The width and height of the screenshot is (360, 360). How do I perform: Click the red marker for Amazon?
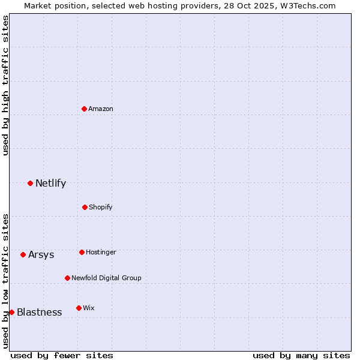point(85,109)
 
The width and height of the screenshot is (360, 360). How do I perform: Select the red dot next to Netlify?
point(30,183)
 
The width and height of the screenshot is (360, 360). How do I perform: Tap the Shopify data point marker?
point(85,207)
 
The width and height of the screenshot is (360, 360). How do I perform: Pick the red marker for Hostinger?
point(82,252)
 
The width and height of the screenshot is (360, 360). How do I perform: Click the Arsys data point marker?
point(23,254)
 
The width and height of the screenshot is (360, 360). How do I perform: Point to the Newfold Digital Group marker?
point(67,278)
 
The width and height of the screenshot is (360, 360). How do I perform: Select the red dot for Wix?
point(79,308)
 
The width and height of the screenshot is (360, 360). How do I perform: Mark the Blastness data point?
point(11,312)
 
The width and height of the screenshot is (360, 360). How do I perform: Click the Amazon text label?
point(101,109)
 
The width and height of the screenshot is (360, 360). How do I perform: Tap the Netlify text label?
point(50,183)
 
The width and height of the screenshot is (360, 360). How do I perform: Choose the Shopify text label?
point(100,207)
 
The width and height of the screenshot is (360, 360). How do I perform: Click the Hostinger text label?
point(101,252)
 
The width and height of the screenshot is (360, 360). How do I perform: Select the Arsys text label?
point(41,254)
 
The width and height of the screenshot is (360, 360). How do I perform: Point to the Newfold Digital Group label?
point(106,278)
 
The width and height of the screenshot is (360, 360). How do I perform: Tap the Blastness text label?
point(39,312)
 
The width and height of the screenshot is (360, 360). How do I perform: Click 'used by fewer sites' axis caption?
point(62,355)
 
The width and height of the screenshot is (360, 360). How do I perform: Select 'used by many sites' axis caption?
point(301,355)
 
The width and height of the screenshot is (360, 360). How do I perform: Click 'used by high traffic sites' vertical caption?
point(5,85)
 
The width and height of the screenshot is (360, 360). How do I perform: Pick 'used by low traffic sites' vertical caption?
point(5,281)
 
